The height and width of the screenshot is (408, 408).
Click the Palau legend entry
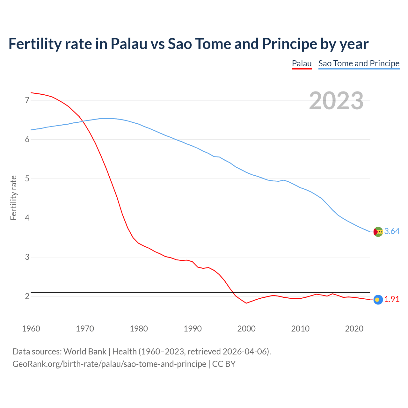click(302, 63)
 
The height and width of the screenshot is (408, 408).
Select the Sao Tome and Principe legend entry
click(359, 63)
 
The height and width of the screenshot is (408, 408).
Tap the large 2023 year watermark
click(336, 101)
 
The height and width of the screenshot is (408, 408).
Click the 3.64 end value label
click(392, 231)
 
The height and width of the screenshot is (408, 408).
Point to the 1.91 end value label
click(392, 299)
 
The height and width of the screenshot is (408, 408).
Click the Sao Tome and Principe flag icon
click(378, 232)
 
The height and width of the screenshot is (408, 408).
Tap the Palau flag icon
click(378, 300)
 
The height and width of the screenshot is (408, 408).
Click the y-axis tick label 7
click(27, 100)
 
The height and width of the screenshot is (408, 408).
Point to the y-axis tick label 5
click(27, 179)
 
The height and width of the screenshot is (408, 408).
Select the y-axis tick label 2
click(27, 296)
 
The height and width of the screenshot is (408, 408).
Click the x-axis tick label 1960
click(31, 329)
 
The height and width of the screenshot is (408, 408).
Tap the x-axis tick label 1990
click(193, 329)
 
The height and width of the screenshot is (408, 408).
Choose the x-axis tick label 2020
click(354, 329)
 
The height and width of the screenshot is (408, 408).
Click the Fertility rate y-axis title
click(13, 198)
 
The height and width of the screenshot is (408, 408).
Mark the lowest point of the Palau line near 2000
click(246, 303)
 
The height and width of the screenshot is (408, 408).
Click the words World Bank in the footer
click(85, 352)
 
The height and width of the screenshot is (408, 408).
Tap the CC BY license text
click(224, 364)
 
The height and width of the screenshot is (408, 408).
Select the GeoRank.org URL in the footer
click(109, 364)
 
